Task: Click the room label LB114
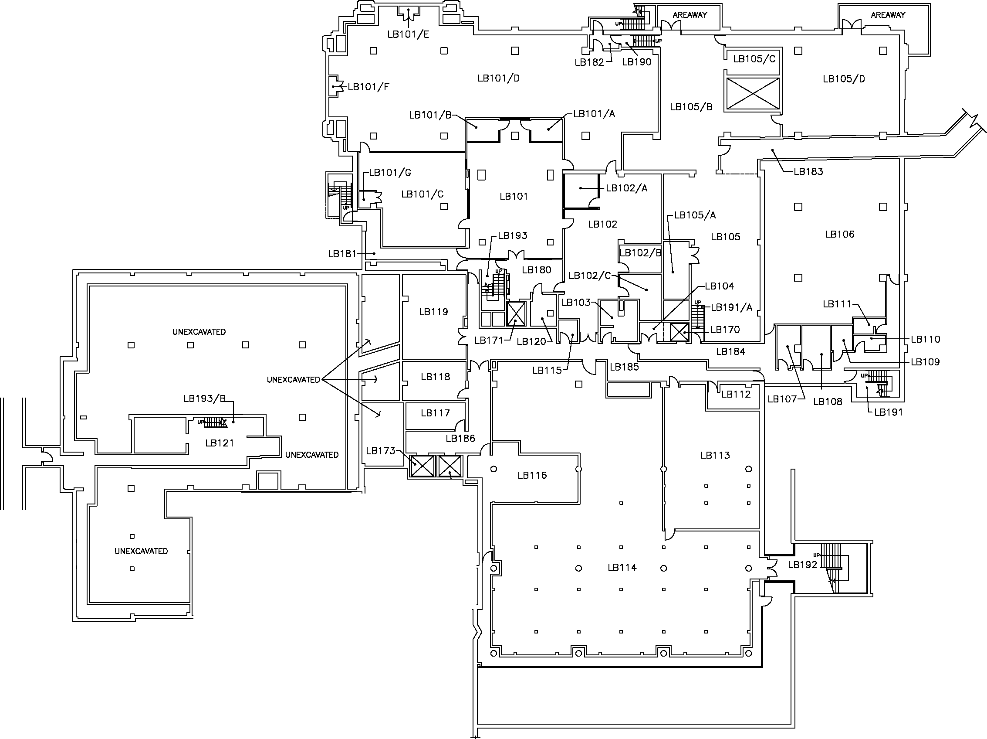(x=622, y=568)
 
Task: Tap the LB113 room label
(x=715, y=455)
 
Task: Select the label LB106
(x=840, y=234)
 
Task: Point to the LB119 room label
(x=433, y=312)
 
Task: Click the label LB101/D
(x=498, y=78)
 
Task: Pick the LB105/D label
(x=844, y=79)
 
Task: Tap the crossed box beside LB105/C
(x=753, y=94)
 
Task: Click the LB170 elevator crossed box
(x=679, y=332)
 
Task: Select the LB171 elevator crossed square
(x=516, y=314)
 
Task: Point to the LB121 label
(x=219, y=443)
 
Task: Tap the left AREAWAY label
(x=690, y=15)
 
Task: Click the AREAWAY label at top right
(x=888, y=15)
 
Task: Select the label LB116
(x=532, y=475)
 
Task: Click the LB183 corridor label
(x=808, y=171)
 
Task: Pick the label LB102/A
(x=626, y=188)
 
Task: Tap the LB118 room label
(x=436, y=377)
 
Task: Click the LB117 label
(x=435, y=413)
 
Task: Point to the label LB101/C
(x=422, y=194)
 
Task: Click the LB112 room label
(x=736, y=394)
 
